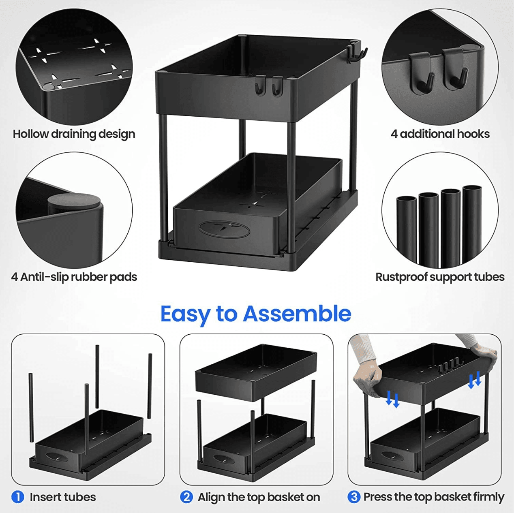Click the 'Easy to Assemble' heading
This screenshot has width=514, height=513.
pos(255,314)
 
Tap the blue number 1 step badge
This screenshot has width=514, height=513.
pos(18,497)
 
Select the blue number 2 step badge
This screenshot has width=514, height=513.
pos(186,497)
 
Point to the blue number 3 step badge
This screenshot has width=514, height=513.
pos(354,497)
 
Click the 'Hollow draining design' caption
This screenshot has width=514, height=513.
pos(74,134)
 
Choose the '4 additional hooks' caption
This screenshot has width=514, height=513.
pos(440,134)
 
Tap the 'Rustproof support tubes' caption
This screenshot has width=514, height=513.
pos(440,277)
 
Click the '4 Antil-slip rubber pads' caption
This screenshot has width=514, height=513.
pos(74,277)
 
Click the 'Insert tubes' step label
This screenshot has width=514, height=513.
pos(63,497)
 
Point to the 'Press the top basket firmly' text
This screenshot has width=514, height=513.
pos(433,497)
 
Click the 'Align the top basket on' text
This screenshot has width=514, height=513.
pos(259,497)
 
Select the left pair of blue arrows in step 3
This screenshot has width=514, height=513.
pos(392,399)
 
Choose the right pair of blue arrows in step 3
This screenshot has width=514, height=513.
pos(474,380)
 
